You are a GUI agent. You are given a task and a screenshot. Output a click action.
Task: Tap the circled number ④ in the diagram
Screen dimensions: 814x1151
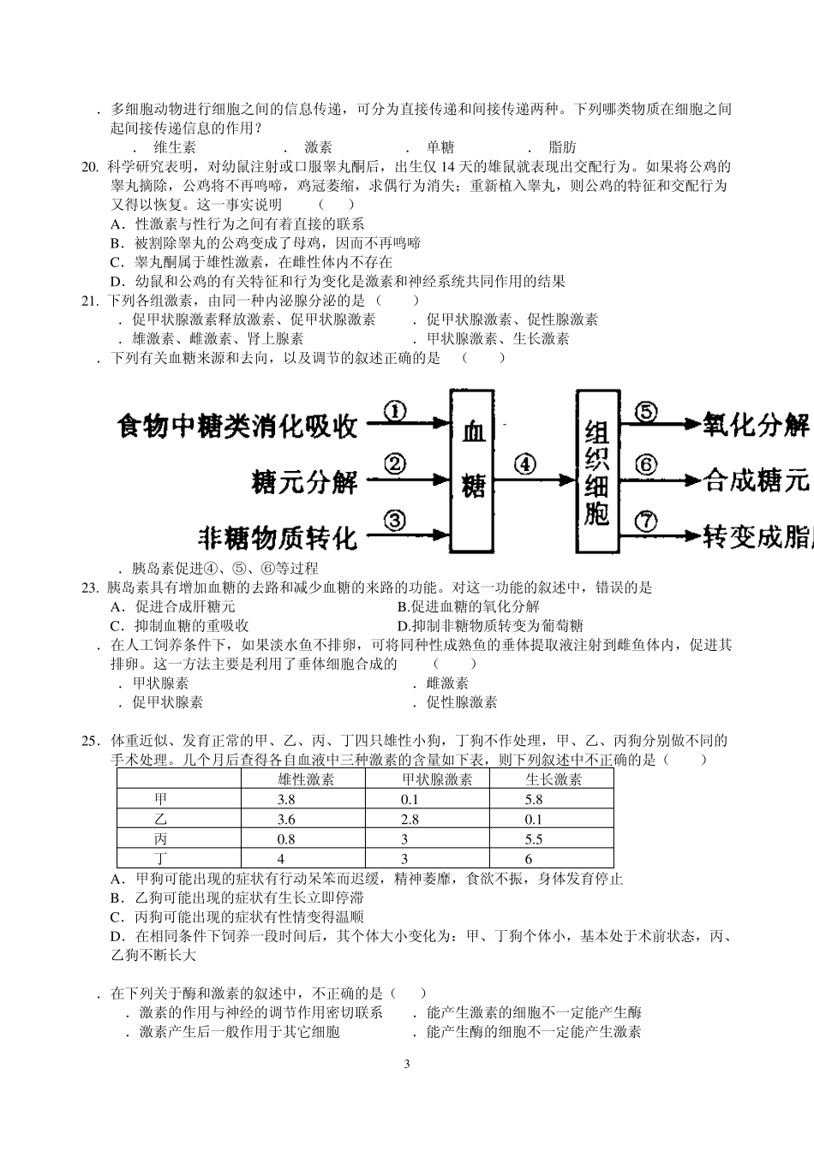524,464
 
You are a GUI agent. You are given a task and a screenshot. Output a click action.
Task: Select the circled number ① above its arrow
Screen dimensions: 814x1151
394,411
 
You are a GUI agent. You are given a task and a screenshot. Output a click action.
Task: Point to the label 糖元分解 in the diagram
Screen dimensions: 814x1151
304,481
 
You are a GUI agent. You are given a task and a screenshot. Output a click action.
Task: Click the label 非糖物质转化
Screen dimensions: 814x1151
277,537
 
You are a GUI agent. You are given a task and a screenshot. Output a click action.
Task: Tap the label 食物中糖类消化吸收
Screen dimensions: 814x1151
237,426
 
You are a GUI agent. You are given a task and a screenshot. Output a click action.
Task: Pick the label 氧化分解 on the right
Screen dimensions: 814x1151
756,424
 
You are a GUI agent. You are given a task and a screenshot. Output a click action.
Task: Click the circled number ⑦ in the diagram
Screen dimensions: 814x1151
646,520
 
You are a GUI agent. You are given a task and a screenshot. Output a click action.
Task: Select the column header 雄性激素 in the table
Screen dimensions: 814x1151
306,779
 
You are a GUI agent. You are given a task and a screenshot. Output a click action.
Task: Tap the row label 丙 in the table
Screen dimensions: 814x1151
161,839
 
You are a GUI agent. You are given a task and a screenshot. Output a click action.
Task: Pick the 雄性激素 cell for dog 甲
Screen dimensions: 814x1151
286,800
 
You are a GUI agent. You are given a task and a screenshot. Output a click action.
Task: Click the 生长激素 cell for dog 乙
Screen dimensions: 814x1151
534,820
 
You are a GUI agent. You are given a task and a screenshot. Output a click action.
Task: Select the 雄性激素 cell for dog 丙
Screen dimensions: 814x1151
286,839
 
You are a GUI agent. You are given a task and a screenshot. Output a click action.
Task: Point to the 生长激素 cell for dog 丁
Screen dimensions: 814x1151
529,859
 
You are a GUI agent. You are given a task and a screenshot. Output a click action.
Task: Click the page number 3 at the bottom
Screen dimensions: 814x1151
407,1065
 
